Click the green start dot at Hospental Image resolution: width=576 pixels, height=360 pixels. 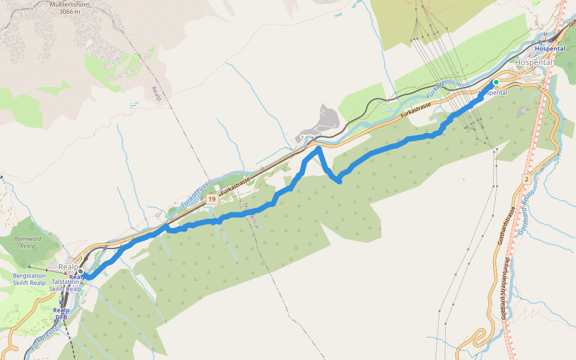pos(496,82)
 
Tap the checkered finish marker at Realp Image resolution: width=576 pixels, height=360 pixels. pos(80,272)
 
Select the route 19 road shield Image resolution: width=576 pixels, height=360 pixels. pos(211,199)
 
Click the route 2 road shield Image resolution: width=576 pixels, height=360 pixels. pos(526,179)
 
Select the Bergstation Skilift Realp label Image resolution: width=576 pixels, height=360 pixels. pos(29,279)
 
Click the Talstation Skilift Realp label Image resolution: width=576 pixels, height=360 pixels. pos(66,285)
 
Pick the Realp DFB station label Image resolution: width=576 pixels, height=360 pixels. pos(61,314)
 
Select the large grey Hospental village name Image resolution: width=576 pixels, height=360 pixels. pos(533,61)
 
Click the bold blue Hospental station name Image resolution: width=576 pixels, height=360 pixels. pos(550,49)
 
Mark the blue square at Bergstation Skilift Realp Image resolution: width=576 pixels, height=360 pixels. pos(29,266)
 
